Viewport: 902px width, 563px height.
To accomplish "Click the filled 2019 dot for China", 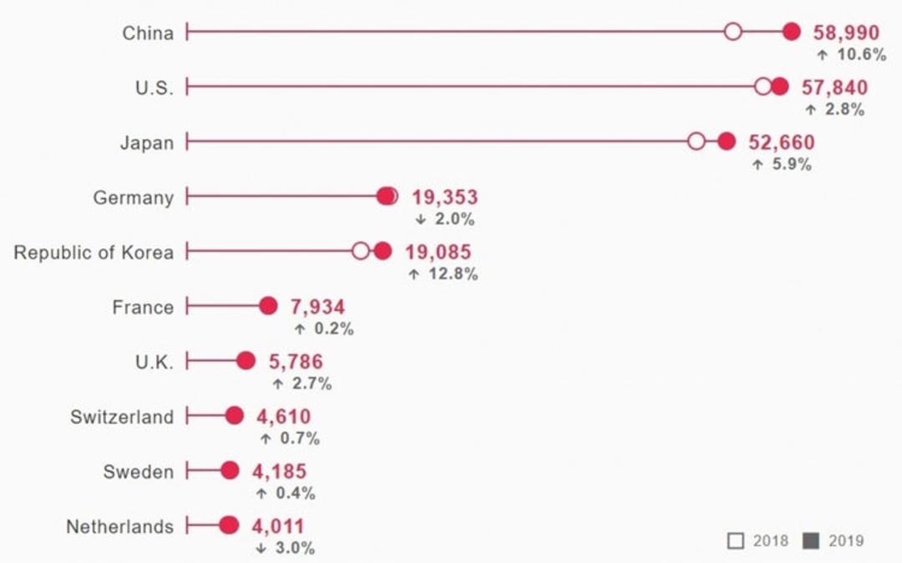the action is click(792, 32).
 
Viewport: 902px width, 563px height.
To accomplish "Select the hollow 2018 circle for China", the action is click(733, 32).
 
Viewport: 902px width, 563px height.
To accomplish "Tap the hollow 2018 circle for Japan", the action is click(696, 141).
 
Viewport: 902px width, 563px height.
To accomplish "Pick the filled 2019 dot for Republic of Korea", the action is click(383, 251).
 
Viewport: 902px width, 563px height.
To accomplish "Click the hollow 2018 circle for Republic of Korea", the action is click(361, 251).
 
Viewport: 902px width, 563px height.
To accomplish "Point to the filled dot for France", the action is click(268, 306).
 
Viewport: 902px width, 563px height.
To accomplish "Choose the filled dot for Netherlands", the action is click(229, 525).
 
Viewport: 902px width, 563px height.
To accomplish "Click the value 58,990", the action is click(846, 33).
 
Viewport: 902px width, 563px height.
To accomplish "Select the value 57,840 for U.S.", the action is click(834, 88).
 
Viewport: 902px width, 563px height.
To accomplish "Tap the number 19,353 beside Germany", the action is click(444, 197).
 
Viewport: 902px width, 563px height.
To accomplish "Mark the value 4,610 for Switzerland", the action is click(284, 416).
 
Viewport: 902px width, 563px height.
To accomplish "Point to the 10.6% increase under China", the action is click(862, 54).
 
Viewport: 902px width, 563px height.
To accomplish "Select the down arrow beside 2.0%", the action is click(420, 219).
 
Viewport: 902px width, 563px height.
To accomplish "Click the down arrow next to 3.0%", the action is click(261, 548).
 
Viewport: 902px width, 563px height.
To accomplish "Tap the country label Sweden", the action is click(138, 471).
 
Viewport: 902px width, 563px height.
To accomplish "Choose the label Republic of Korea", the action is click(94, 252).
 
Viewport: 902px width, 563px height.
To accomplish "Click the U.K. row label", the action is click(155, 362).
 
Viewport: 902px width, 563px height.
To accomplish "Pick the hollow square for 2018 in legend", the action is click(735, 541).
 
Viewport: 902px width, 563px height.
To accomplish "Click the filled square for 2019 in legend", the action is click(811, 541).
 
